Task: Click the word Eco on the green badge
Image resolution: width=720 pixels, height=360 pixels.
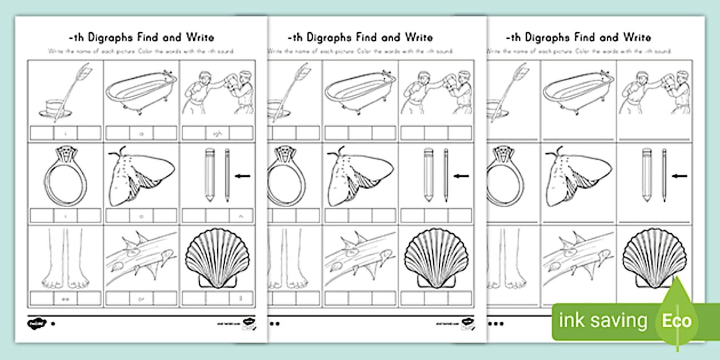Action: [x=677, y=320]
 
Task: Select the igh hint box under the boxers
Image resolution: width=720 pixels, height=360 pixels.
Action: [x=217, y=133]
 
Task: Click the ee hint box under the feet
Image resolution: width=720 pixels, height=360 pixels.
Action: [x=65, y=298]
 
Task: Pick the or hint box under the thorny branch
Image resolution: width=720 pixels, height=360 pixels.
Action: [x=141, y=298]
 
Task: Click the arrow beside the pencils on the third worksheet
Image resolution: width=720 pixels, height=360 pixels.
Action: [x=681, y=177]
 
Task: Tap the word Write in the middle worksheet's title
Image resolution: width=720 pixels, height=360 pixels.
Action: [x=418, y=38]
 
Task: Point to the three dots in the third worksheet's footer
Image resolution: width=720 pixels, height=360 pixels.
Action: [x=498, y=323]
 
